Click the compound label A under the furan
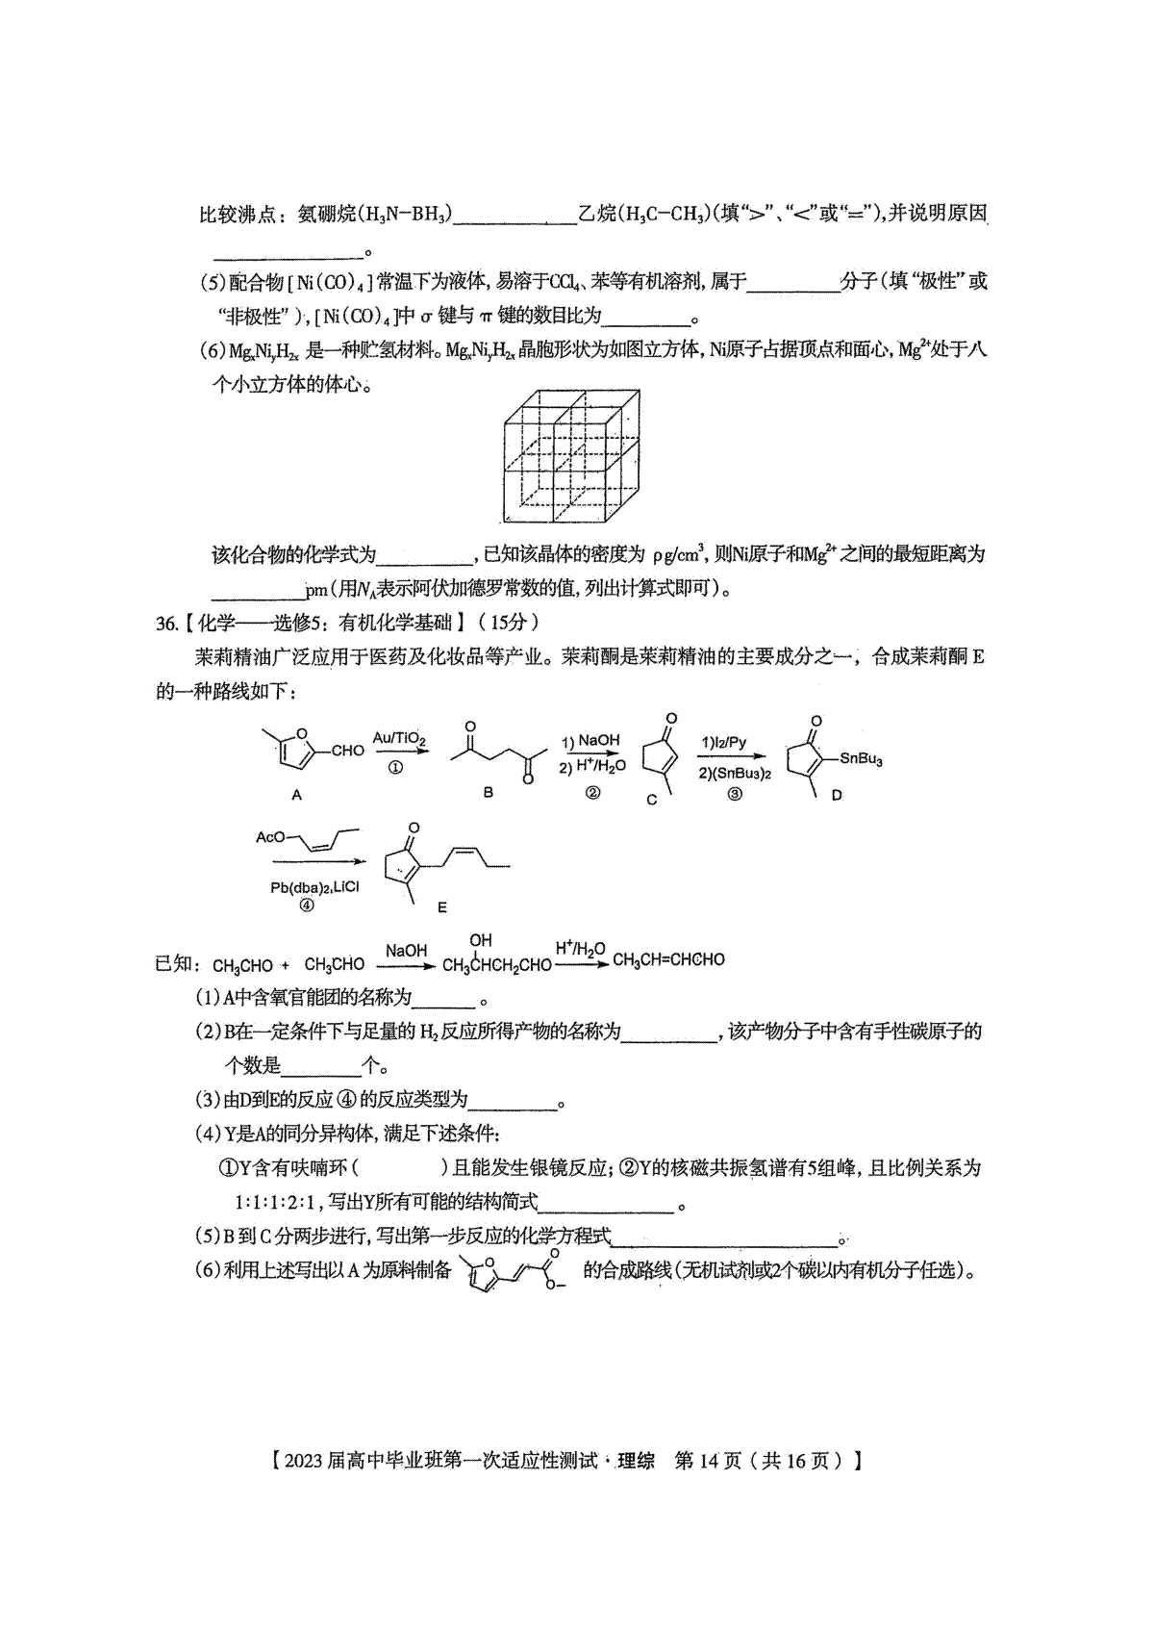[296, 795]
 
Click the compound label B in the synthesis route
[488, 793]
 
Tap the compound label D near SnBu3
[836, 796]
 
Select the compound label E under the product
[441, 906]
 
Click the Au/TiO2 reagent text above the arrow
[398, 738]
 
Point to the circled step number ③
[735, 794]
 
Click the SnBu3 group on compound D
[861, 758]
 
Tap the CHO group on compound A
[347, 751]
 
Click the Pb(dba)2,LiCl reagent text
[314, 887]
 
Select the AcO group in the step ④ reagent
[270, 837]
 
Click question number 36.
[166, 623]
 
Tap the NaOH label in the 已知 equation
[406, 951]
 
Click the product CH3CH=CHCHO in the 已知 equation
[668, 959]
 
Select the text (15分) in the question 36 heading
[509, 623]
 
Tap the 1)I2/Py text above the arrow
[723, 743]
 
